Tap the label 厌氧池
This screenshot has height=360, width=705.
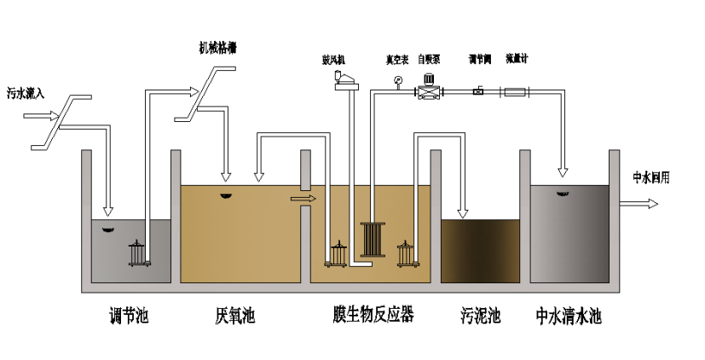pyautogui.click(x=235, y=316)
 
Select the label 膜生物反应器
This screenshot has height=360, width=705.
pyautogui.click(x=373, y=316)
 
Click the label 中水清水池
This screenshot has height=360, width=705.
pyautogui.click(x=569, y=316)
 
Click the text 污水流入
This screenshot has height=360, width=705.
pyautogui.click(x=26, y=92)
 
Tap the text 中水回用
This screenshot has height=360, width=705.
pyautogui.click(x=650, y=177)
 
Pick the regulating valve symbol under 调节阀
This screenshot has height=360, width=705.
pyautogui.click(x=477, y=91)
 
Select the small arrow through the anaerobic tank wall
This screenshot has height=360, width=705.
pyautogui.click(x=303, y=199)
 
